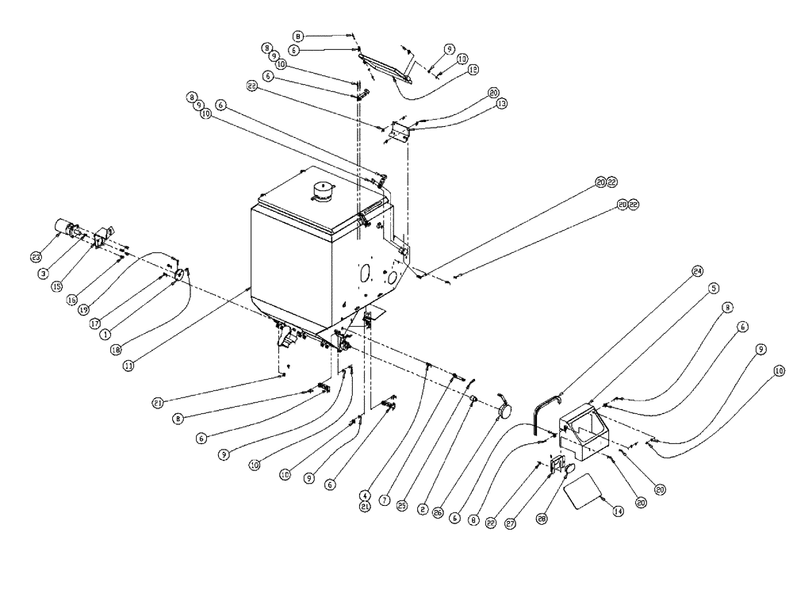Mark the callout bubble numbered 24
697,270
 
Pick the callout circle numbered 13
501,103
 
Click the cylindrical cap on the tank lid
323,191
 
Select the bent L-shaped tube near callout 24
540,413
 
